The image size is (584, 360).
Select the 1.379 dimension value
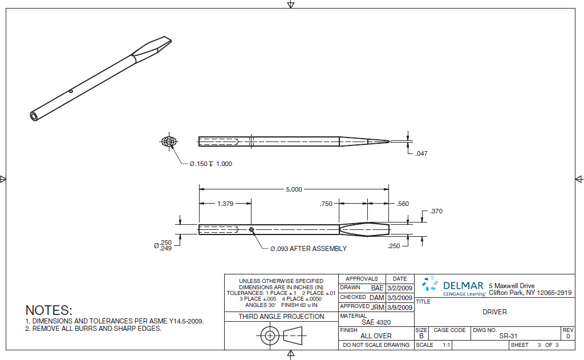[225, 204]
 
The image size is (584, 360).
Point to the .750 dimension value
[326, 204]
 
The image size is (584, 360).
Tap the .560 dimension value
[403, 204]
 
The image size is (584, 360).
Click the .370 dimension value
[436, 211]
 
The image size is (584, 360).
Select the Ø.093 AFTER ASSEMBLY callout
[308, 249]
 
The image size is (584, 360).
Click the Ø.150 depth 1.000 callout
[210, 164]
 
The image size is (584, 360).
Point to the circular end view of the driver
[169, 141]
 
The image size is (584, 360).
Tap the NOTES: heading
[49, 311]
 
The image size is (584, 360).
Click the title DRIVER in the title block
[494, 312]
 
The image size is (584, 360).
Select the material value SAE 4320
[376, 322]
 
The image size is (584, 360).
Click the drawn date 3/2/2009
[399, 288]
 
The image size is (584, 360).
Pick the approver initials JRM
[376, 307]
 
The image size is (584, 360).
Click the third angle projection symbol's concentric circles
[269, 336]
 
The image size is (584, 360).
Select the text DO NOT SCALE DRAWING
[376, 345]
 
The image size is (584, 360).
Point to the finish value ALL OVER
[376, 336]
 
